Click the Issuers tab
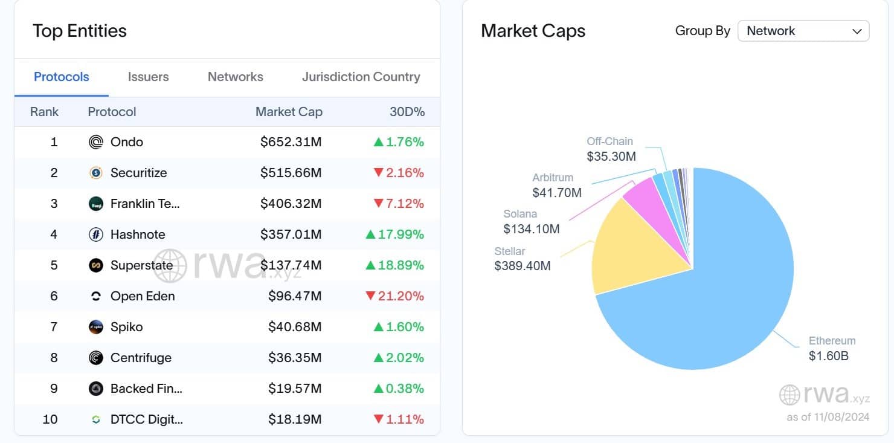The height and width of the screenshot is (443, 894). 148,77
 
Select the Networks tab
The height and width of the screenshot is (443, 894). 235,77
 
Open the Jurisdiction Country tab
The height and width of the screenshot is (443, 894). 361,77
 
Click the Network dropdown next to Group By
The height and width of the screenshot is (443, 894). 803,31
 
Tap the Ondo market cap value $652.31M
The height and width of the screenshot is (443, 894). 291,142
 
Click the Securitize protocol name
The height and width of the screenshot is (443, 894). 138,173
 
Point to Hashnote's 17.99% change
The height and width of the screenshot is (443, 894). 395,234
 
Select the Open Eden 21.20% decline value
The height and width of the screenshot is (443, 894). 395,296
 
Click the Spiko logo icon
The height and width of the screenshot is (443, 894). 96,327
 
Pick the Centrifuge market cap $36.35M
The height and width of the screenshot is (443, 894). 294,358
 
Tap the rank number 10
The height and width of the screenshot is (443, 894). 50,419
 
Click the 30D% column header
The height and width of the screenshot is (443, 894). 407,112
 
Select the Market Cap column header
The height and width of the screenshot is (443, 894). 289,112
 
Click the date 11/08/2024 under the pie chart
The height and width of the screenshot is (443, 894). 840,418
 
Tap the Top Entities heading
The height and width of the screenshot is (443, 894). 80,31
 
